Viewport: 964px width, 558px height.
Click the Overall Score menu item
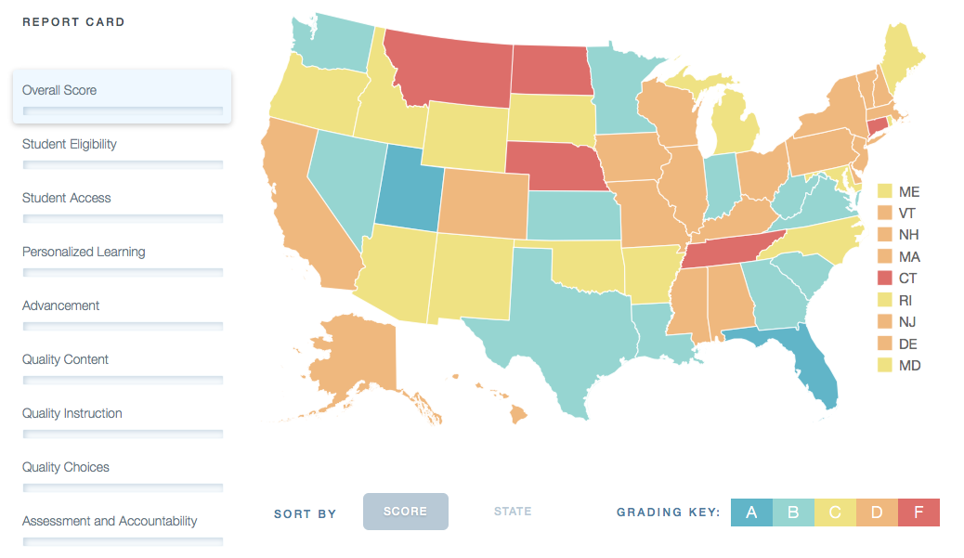[59, 90]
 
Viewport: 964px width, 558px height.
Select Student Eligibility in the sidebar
[70, 144]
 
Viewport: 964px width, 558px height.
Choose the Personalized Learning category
[84, 252]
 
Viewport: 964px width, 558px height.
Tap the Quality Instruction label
[72, 413]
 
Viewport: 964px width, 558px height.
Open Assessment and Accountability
[110, 521]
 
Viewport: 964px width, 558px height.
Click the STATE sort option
[513, 512]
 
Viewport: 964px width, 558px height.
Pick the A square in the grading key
[752, 513]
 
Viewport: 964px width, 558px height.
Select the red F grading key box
[918, 513]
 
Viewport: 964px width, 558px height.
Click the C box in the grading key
[835, 513]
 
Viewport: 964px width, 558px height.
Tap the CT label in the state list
[909, 278]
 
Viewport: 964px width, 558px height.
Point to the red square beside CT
[885, 278]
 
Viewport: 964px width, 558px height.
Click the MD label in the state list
[910, 365]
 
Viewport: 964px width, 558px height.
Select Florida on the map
[814, 371]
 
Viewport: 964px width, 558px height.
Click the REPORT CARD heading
[73, 22]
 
